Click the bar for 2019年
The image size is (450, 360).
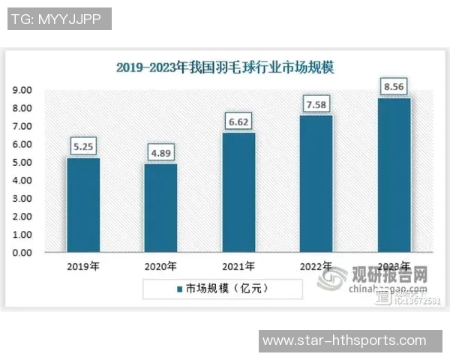[82, 205]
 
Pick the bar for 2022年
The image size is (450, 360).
[316, 184]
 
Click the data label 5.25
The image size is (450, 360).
[82, 145]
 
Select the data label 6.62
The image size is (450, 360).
[238, 121]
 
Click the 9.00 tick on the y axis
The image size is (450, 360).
[21, 90]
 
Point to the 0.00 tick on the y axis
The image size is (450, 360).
[21, 253]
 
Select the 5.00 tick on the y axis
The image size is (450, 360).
[21, 162]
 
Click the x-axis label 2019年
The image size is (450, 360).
[82, 266]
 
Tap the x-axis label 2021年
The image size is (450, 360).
[238, 266]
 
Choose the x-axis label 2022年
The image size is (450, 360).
[316, 266]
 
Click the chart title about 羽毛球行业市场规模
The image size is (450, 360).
[225, 67]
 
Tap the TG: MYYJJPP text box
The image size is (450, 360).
[58, 19]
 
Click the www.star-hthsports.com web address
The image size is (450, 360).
[344, 341]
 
